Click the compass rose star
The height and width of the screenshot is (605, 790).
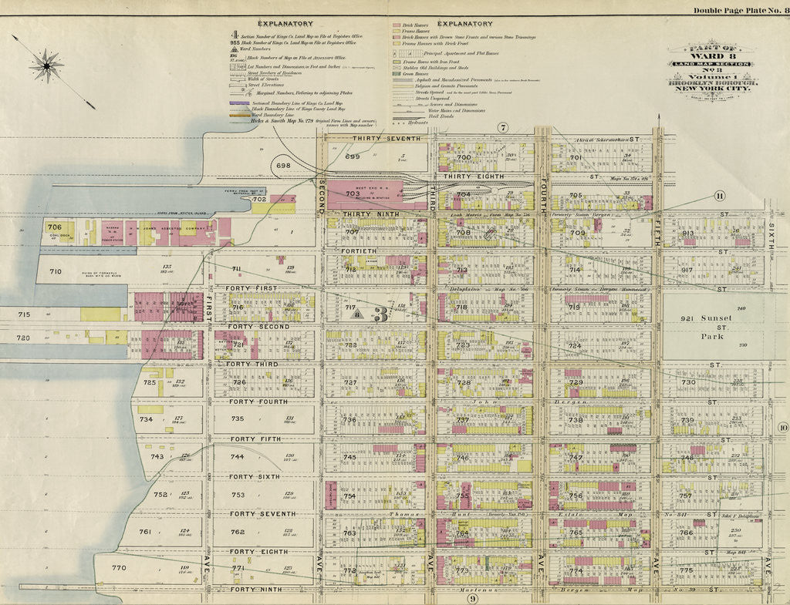click(x=46, y=66)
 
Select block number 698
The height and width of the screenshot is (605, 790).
click(x=283, y=166)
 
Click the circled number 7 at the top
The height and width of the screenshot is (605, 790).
click(x=503, y=127)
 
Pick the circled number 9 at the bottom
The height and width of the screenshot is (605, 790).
click(x=473, y=599)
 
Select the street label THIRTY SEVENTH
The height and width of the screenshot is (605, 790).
click(x=387, y=139)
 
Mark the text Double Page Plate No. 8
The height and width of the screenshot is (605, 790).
click(x=739, y=10)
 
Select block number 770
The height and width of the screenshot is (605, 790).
click(x=118, y=568)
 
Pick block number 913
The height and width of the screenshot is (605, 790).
click(x=687, y=233)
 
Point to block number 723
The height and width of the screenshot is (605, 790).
click(x=462, y=345)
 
